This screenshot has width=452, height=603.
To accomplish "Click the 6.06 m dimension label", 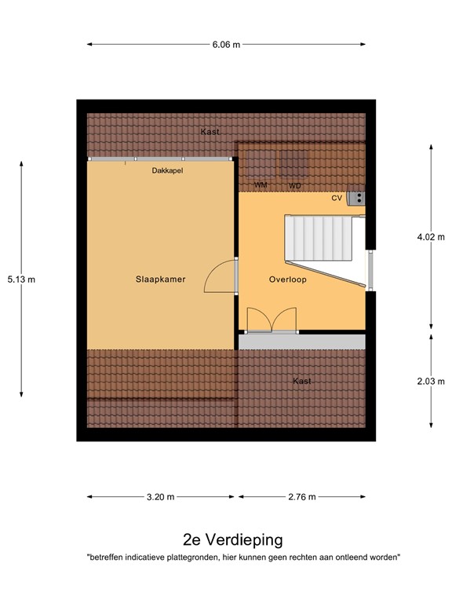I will click(x=226, y=44).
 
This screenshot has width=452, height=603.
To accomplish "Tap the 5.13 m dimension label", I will click(x=21, y=279).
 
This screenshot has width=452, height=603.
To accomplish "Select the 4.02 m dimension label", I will click(x=430, y=235).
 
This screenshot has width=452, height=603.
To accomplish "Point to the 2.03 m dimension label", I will click(x=430, y=381).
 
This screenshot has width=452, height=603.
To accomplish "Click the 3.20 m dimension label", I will click(x=161, y=496).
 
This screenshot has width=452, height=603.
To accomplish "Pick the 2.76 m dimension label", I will click(x=301, y=496).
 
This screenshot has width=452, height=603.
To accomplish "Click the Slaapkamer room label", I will click(x=160, y=279).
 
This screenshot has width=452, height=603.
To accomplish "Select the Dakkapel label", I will click(x=167, y=170).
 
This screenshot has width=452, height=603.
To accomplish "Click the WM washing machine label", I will click(x=261, y=185).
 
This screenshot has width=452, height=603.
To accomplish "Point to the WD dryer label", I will click(x=294, y=185).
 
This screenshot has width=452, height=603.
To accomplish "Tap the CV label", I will click(x=337, y=198).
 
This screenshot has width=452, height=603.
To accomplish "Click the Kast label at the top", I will click(x=210, y=131).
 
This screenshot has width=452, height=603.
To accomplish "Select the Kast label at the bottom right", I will click(x=301, y=381).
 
